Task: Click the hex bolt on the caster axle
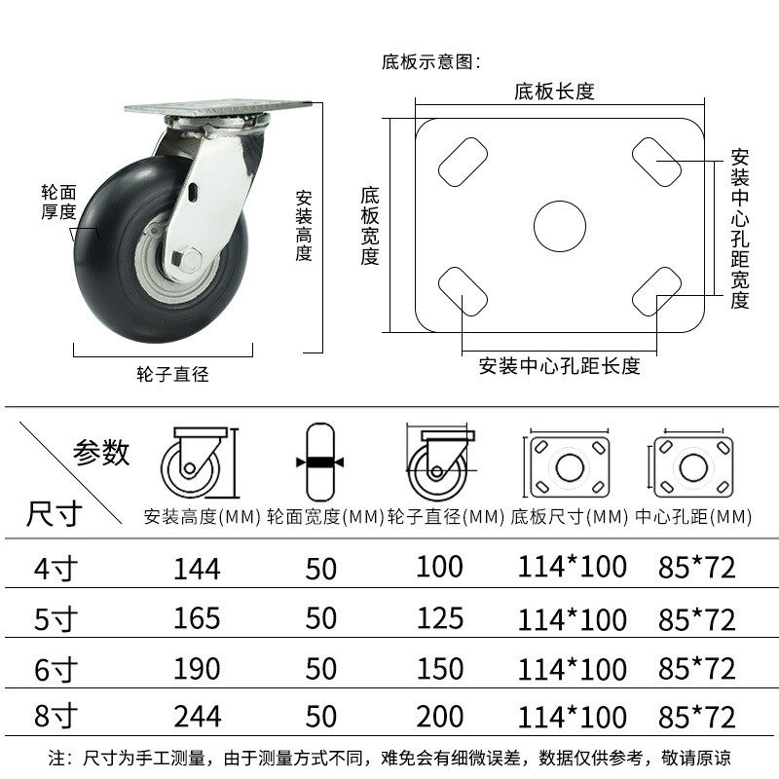190,259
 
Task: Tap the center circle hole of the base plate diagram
560,227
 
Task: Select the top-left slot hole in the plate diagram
463,162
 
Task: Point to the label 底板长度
554,93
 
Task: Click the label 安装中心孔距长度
559,366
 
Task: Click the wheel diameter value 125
439,617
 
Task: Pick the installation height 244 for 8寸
197,718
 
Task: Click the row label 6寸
49,670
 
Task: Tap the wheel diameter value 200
439,718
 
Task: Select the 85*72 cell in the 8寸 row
695,718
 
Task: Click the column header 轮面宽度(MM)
324,516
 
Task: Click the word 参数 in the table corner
101,452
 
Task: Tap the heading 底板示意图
429,62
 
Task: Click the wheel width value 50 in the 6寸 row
320,668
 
